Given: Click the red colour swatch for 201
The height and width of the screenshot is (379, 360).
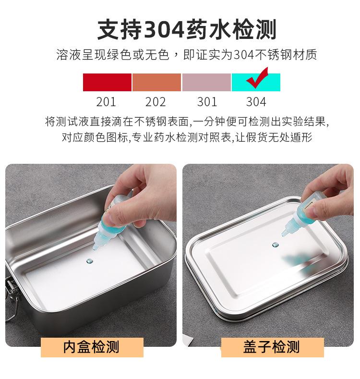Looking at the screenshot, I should tap(107, 82).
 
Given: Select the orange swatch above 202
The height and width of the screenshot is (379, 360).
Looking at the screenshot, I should tap(156, 82).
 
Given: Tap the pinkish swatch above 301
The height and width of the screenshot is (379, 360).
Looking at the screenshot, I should tap(206, 82).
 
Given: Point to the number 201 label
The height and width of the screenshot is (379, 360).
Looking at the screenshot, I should tap(106, 102).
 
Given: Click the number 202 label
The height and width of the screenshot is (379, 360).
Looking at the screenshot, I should tap(156, 102).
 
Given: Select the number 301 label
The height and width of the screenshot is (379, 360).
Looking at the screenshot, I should tap(207, 102).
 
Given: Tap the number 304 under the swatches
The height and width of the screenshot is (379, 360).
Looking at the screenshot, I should tap(256, 102).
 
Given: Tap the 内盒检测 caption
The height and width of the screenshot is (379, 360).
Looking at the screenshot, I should tap(91, 346).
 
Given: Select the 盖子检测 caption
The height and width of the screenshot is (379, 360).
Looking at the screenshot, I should tap(272, 346).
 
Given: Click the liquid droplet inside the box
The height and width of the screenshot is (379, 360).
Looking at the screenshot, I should tap(90, 261).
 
